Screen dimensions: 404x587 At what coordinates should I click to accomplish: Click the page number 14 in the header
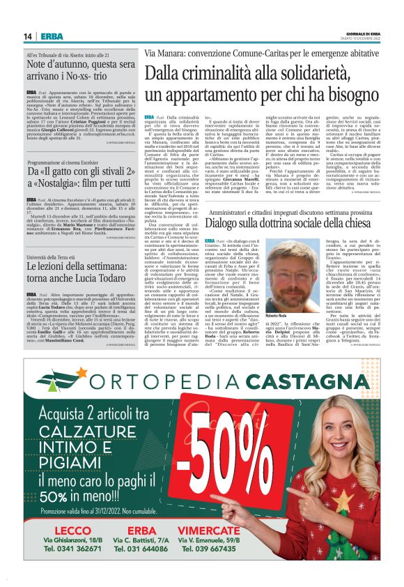click(28, 36)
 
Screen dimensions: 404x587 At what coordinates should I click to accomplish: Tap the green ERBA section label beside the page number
click(51, 36)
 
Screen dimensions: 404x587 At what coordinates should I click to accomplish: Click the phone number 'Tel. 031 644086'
click(141, 549)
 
